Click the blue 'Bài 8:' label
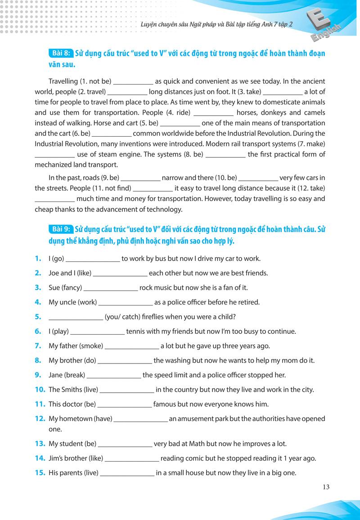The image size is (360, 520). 60,53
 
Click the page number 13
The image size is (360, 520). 326,486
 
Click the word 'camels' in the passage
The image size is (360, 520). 314,112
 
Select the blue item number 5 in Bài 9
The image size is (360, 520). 38,317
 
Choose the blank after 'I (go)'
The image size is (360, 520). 93,259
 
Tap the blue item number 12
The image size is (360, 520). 40,419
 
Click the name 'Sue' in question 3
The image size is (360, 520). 54,287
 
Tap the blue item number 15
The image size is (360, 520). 40,473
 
